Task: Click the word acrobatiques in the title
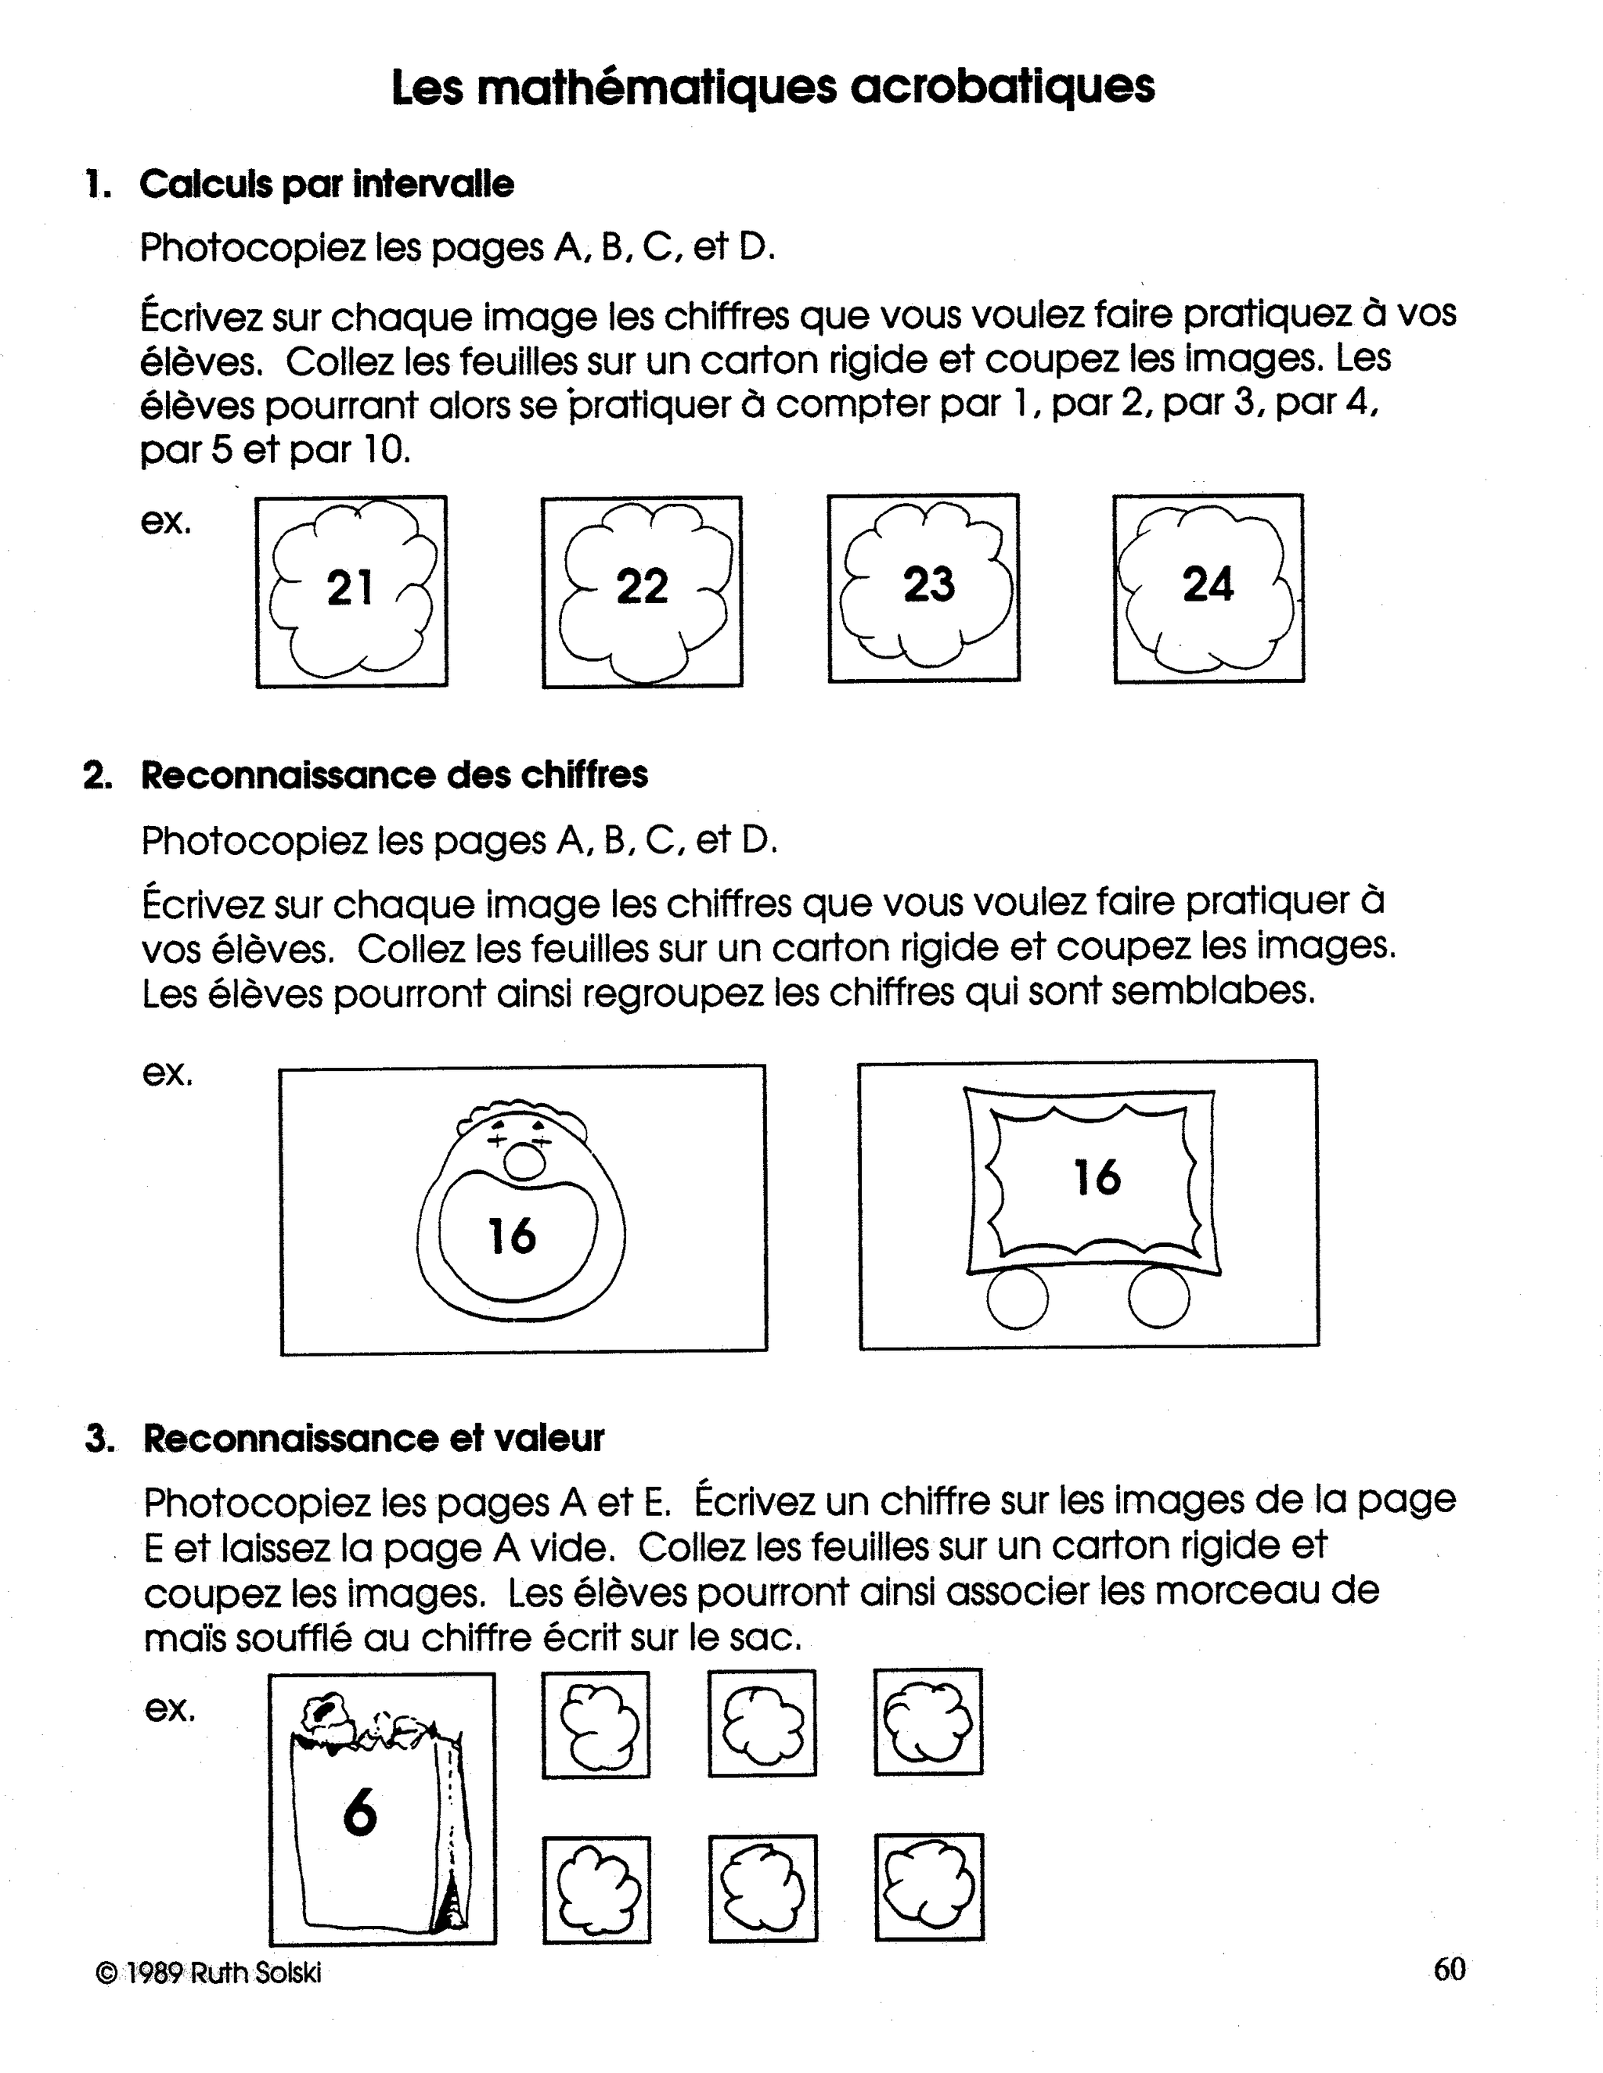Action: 1002,88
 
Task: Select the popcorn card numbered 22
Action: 642,591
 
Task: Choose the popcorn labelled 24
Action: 1208,588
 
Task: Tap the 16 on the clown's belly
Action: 512,1236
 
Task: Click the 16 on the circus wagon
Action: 1097,1177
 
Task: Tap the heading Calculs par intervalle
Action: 326,184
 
